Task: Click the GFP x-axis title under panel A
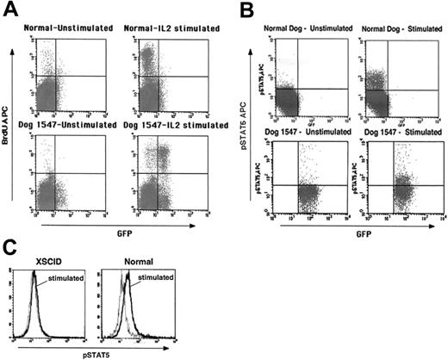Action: [x=118, y=229]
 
